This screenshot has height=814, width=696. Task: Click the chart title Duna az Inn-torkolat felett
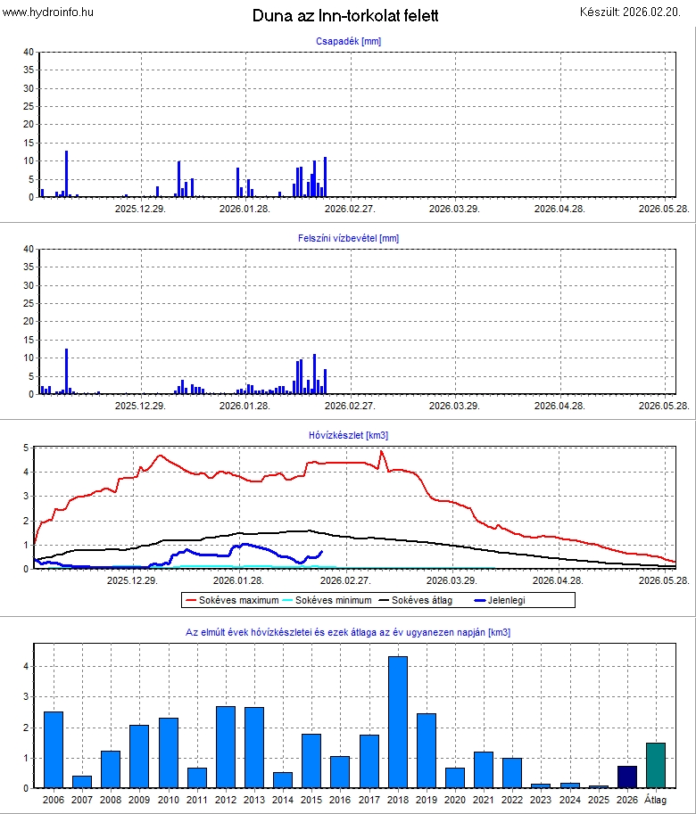click(x=345, y=16)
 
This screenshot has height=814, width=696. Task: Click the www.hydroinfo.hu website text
click(x=48, y=12)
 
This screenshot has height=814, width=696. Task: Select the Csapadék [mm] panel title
click(x=348, y=42)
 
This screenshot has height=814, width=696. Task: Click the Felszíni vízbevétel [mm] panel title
click(x=348, y=238)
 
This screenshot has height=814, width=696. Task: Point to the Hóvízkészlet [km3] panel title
click(x=348, y=435)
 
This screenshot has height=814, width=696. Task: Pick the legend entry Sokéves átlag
click(x=423, y=600)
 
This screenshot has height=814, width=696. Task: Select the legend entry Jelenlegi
click(x=504, y=600)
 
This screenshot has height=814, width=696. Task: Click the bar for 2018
click(x=398, y=722)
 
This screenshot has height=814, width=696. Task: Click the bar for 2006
click(x=54, y=750)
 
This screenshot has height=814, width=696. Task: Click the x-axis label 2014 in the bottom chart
click(x=283, y=800)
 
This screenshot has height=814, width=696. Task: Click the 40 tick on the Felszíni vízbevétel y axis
click(x=29, y=250)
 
